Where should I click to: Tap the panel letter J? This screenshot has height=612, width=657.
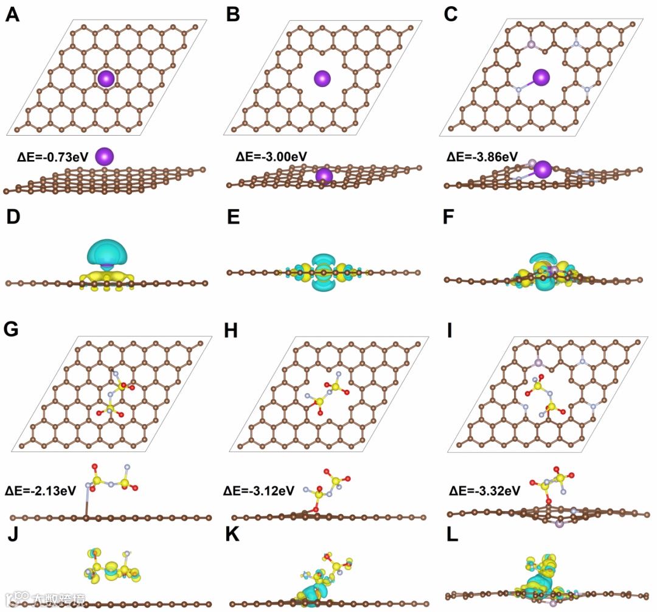click(12, 535)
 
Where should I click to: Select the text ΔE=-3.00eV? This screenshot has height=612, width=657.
click(271, 157)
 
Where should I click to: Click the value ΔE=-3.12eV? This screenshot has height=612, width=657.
click(259, 490)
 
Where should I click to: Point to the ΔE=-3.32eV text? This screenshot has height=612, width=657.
click(484, 490)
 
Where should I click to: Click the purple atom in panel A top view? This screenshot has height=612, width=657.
click(106, 78)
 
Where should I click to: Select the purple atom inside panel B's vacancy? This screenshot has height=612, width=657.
click(322, 78)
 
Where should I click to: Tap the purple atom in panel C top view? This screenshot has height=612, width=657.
click(541, 77)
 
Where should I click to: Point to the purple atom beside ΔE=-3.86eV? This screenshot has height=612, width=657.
click(543, 169)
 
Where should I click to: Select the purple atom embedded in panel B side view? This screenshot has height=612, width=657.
click(324, 176)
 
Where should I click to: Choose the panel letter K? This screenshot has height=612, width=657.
click(232, 536)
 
